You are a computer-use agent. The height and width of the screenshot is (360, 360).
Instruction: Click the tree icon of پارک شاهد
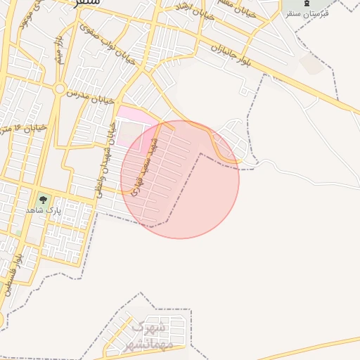point(43,200)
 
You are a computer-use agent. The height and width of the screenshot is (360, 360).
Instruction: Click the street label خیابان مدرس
point(86,94)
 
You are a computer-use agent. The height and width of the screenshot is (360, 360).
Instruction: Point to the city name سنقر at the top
point(87,3)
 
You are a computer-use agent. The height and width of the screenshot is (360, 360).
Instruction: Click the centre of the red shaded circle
point(180,179)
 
